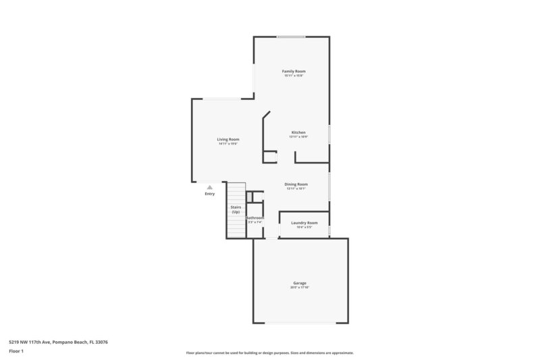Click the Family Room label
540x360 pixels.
pyautogui.click(x=294, y=71)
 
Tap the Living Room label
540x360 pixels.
pyautogui.click(x=228, y=139)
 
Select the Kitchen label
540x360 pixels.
pyautogui.click(x=298, y=132)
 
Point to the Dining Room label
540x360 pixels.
pyautogui.click(x=296, y=184)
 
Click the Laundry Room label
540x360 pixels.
pyautogui.click(x=304, y=222)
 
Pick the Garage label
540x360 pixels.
pyautogui.click(x=300, y=282)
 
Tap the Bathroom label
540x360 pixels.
pyautogui.click(x=254, y=217)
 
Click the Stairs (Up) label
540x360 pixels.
pyautogui.click(x=236, y=209)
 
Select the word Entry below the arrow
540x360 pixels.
pyautogui.click(x=209, y=195)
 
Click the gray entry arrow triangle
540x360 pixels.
pyautogui.click(x=209, y=187)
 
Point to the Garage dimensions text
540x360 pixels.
pyautogui.click(x=300, y=288)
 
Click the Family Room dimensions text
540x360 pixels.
pyautogui.click(x=294, y=76)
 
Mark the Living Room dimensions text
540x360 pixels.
pyautogui.click(x=228, y=144)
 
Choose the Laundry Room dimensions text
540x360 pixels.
pyautogui.click(x=304, y=227)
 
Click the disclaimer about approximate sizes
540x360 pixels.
pyautogui.click(x=269, y=353)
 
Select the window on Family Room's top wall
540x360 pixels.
pyautogui.click(x=291, y=36)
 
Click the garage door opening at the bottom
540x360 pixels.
pyautogui.click(x=300, y=322)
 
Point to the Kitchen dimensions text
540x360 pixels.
pyautogui.click(x=298, y=136)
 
